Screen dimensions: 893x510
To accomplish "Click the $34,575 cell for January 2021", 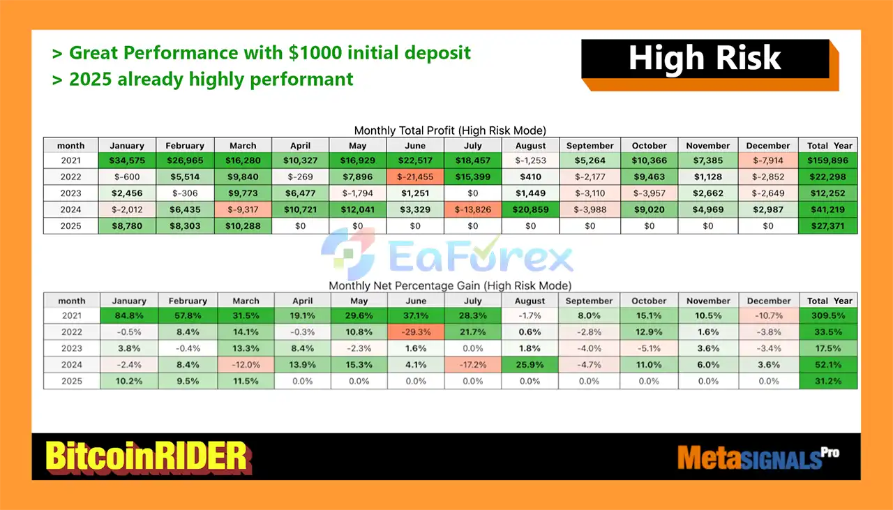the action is pos(127,160).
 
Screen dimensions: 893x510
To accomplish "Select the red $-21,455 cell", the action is pos(415,177).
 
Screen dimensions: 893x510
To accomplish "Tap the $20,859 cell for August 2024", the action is pos(531,209).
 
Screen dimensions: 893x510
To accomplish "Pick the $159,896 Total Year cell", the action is pos(828,160).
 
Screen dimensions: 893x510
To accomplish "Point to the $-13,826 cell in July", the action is pos(473,209).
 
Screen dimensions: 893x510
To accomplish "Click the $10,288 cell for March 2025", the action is pos(243,225).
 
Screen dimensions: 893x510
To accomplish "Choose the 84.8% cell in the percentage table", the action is pos(129,315).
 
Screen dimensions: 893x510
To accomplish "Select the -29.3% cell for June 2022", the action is pos(416,332).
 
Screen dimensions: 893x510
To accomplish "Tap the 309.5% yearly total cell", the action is pos(828,315).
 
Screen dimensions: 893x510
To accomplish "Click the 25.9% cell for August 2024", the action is pos(530,364).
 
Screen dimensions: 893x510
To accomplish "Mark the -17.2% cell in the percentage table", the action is pos(473,364).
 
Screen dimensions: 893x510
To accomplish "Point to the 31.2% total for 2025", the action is pos(828,381).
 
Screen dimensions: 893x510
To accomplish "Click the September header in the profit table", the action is pos(590,146).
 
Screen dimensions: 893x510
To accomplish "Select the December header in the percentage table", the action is pos(769,301).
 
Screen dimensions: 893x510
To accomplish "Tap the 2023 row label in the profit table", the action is pos(70,193).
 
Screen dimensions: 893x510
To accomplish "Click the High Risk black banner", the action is pos(705,59).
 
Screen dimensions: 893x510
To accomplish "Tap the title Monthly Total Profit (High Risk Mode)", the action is pos(450,130).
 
